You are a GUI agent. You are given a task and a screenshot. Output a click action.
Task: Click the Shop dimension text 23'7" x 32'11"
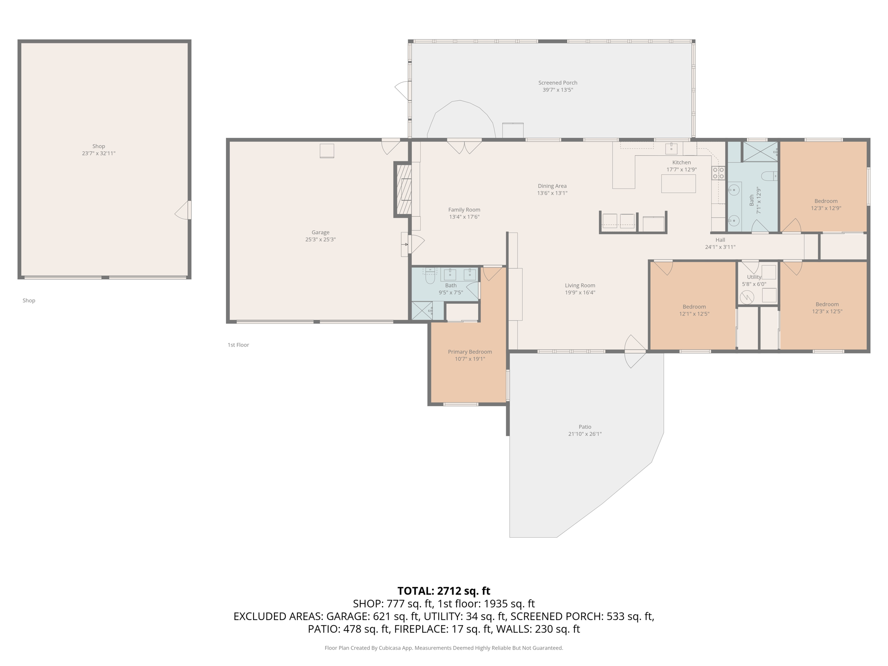[98, 153]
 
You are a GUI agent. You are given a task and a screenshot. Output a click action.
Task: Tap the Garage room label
[320, 232]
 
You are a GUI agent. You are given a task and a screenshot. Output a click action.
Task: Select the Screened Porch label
[558, 83]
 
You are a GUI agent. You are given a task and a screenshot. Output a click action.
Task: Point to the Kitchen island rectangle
[678, 184]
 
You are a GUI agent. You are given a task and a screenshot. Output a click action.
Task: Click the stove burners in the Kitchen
[718, 173]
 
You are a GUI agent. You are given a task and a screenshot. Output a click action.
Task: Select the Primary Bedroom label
[470, 352]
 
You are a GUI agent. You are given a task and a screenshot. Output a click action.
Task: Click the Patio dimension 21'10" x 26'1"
[584, 434]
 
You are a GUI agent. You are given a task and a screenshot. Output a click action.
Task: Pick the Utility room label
[754, 277]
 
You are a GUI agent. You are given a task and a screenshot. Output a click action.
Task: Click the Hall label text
[720, 240]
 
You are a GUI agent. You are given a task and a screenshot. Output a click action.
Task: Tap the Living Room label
[580, 285]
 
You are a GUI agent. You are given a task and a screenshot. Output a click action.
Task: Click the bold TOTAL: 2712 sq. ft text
[444, 591]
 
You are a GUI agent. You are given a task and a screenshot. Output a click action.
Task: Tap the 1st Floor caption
[238, 345]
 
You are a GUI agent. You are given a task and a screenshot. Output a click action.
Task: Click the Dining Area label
[552, 186]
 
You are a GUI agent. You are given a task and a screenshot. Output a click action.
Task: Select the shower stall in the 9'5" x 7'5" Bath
[421, 311]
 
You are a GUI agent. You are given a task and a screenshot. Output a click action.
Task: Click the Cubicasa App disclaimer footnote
[444, 648]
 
